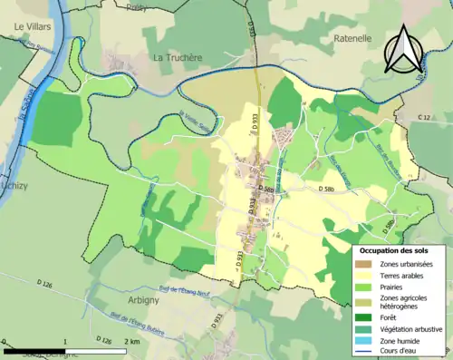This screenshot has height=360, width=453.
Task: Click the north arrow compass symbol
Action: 405,48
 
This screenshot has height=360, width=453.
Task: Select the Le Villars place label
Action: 32,28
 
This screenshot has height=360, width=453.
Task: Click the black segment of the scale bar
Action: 34,349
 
